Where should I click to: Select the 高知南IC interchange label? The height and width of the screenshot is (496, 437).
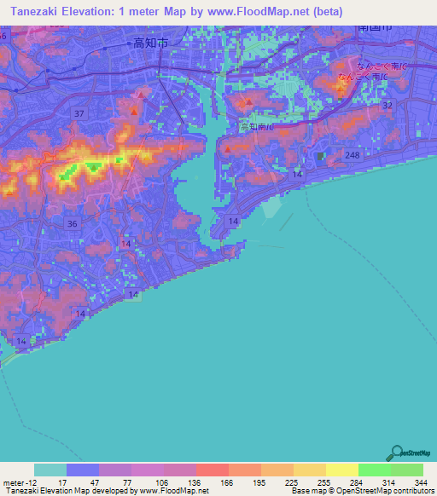pos(257,126)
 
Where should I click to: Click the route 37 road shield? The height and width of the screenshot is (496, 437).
pos(79,113)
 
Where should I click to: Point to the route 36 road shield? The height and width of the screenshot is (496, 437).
pos(73,223)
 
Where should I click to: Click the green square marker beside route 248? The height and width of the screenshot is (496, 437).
pos(321,157)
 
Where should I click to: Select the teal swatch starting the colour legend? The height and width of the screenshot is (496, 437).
pos(50,470)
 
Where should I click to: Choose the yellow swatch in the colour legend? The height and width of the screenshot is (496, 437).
pos(341,470)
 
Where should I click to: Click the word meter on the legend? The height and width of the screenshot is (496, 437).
pos(12,482)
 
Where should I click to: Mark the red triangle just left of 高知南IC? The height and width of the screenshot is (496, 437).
pos(228,149)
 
